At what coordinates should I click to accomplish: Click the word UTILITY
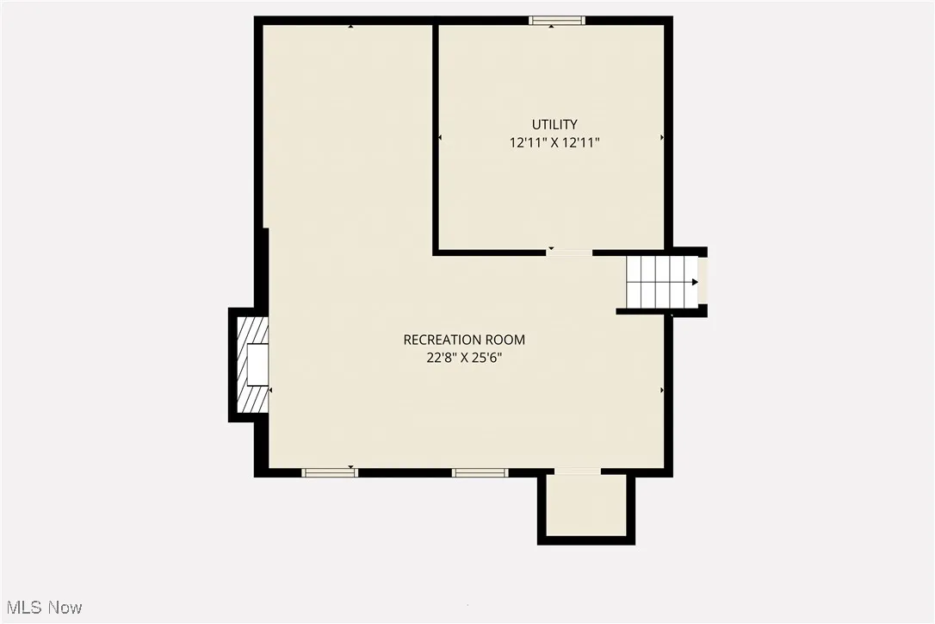pyautogui.click(x=554, y=124)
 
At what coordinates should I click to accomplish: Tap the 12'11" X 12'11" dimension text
pyautogui.click(x=554, y=143)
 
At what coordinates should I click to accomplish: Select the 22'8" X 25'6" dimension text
pyautogui.click(x=464, y=359)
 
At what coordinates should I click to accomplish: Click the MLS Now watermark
pyautogui.click(x=41, y=608)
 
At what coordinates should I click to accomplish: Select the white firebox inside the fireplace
pyautogui.click(x=257, y=365)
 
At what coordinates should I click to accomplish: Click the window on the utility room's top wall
pyautogui.click(x=557, y=21)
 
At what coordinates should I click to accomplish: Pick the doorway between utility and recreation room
pyautogui.click(x=570, y=253)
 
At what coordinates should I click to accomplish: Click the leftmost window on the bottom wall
pyautogui.click(x=329, y=472)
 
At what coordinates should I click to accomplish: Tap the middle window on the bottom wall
pyautogui.click(x=480, y=472)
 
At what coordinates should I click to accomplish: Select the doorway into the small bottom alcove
pyautogui.click(x=577, y=472)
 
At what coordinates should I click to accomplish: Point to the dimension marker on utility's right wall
pyautogui.click(x=662, y=137)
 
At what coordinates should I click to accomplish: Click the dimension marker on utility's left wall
pyautogui.click(x=441, y=137)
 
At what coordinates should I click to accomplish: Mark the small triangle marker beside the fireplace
pyautogui.click(x=270, y=390)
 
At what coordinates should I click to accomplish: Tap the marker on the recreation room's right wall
pyautogui.click(x=662, y=390)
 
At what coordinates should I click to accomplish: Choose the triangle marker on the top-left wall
pyautogui.click(x=350, y=27)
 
